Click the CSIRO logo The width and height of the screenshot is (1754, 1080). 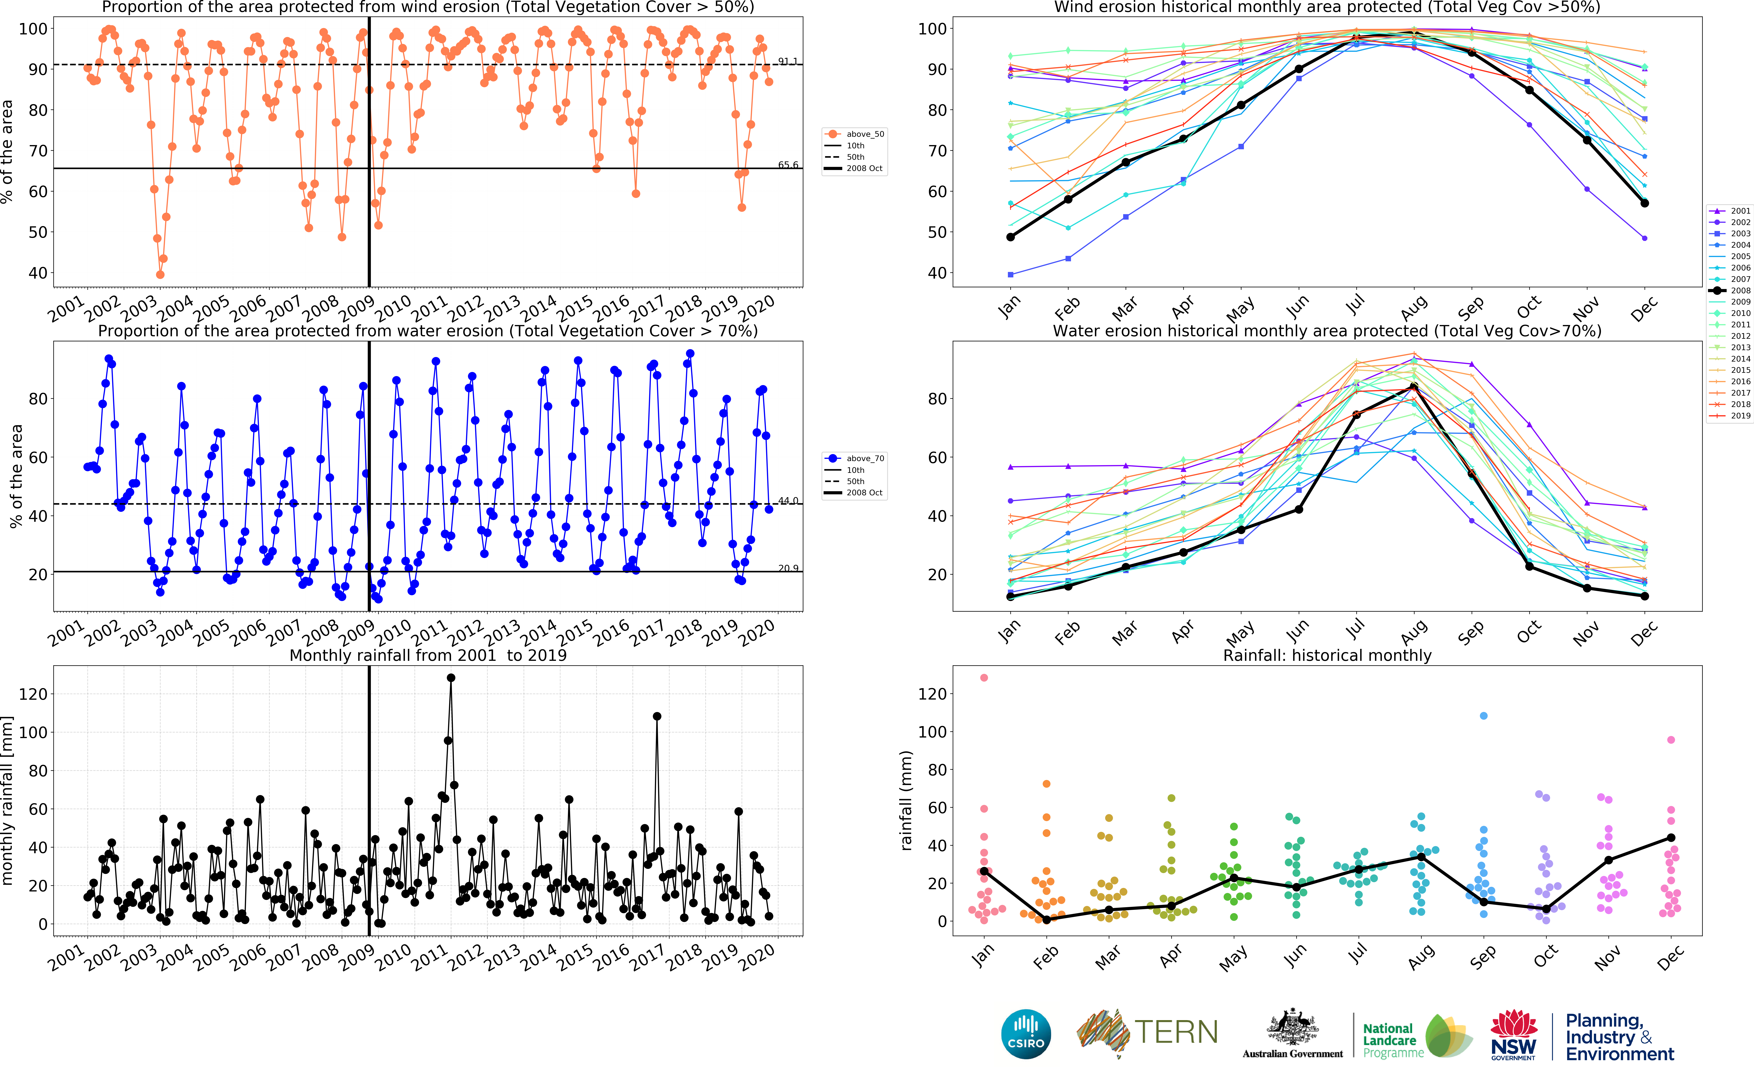coord(1026,1034)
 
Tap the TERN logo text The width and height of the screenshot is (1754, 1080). coord(1176,1032)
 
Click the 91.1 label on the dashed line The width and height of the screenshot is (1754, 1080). coord(788,61)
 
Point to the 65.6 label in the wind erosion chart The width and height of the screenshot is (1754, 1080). coord(788,165)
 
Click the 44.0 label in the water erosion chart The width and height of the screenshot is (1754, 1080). coord(788,501)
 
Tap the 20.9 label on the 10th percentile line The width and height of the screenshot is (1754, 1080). coord(788,569)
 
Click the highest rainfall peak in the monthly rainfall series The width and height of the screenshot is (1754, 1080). coord(451,678)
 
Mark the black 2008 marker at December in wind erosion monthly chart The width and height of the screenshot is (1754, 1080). coord(1645,204)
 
